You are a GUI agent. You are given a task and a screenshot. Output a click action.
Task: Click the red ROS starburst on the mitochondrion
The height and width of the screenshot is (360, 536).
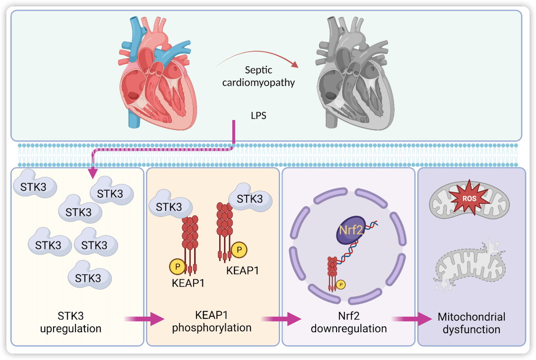point(466,199)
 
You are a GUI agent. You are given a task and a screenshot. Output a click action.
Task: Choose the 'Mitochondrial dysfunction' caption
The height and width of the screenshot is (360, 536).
point(471,323)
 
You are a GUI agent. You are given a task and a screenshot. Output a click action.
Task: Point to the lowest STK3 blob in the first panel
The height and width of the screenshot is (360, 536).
point(88,277)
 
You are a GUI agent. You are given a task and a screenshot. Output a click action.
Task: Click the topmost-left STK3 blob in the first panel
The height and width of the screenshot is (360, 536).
point(35,187)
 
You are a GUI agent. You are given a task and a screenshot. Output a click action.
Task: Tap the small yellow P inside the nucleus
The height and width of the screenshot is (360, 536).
point(340,285)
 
